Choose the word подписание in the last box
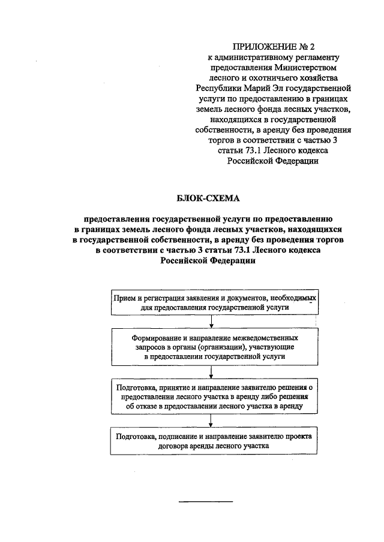tap(180, 437)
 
